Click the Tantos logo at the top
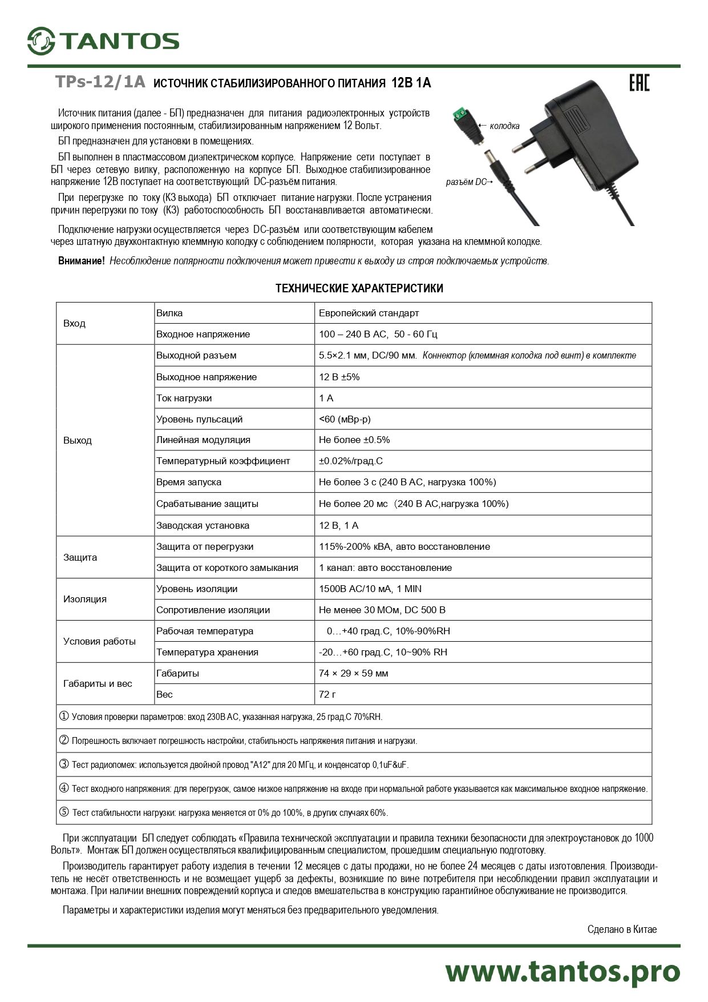click(103, 41)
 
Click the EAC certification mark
click(639, 83)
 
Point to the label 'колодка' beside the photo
click(504, 126)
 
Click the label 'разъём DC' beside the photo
click(466, 182)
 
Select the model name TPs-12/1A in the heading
click(100, 82)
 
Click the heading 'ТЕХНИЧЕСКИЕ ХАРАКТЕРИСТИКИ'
click(359, 288)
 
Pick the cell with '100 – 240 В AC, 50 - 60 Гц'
click(378, 334)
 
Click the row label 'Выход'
click(78, 440)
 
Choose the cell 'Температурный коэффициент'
click(223, 461)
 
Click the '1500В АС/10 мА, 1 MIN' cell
click(370, 589)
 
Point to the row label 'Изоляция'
click(85, 599)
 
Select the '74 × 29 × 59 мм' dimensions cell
click(353, 673)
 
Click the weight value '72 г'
click(328, 694)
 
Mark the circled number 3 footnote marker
click(64, 764)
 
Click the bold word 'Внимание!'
click(82, 261)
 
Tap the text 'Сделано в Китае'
click(622, 929)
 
